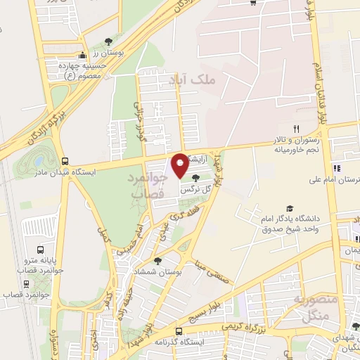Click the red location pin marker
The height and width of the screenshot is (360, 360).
[x=180, y=165]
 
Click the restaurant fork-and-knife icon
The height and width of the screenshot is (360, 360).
[x=296, y=129]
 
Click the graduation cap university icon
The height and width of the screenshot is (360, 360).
[x=250, y=209]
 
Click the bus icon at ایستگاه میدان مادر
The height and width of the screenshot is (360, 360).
[x=65, y=160]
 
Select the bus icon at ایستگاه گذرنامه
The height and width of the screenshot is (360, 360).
[x=179, y=330]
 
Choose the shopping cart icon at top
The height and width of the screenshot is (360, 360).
[x=252, y=3]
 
